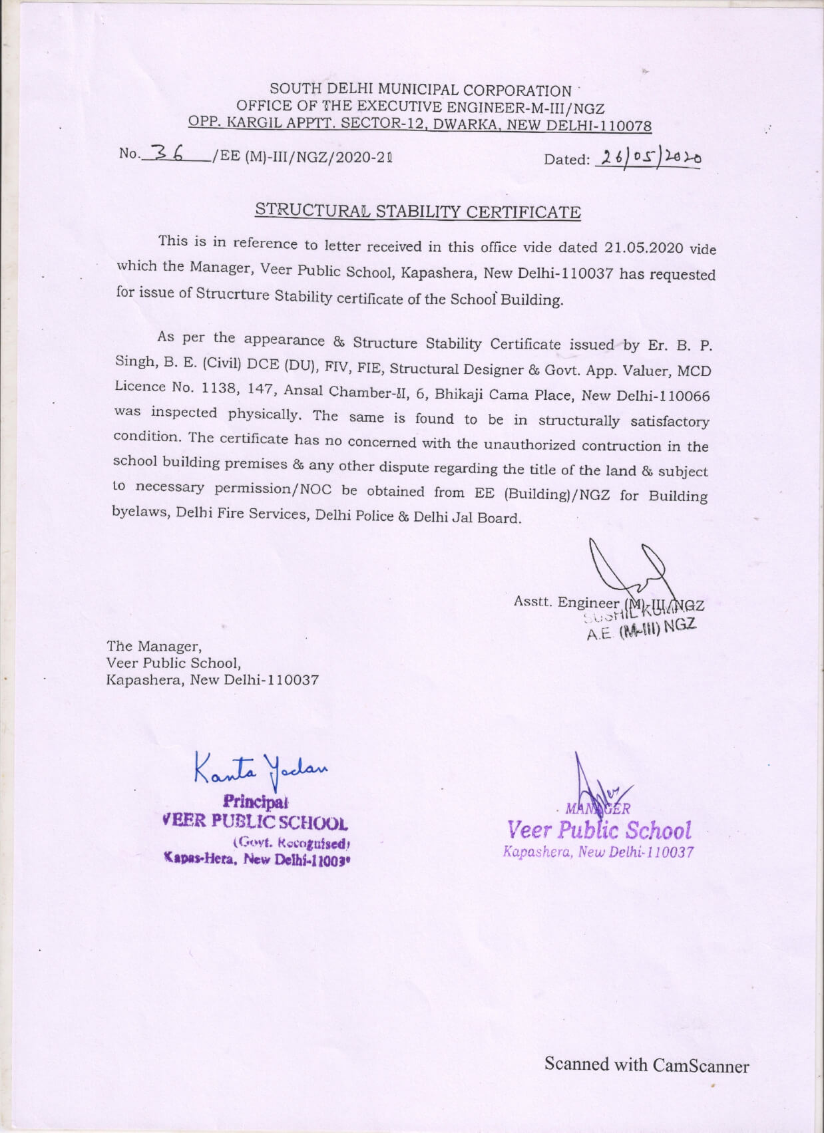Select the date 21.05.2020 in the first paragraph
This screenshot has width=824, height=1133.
(644, 248)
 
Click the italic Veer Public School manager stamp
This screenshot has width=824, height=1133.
(599, 830)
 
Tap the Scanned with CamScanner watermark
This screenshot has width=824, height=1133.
(646, 1065)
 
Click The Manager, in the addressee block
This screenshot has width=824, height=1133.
(154, 646)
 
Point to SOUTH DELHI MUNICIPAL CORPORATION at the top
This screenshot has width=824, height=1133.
(420, 90)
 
